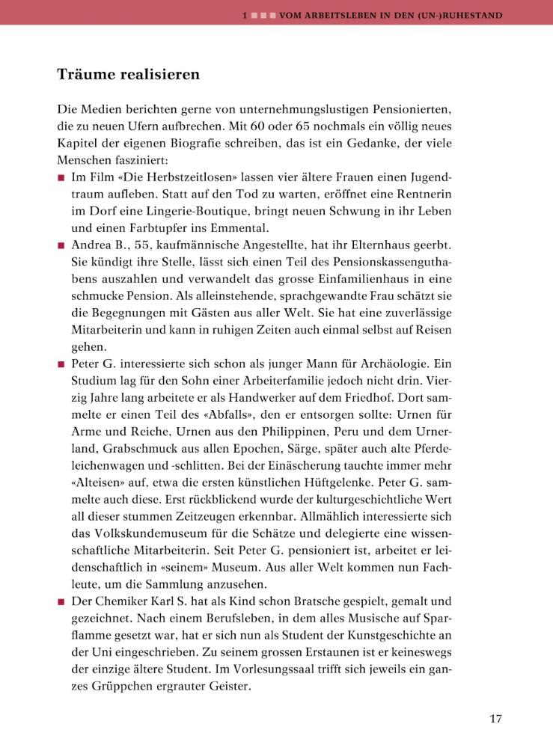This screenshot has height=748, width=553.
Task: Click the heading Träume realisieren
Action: (x=128, y=75)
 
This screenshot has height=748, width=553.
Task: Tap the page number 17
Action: (x=495, y=719)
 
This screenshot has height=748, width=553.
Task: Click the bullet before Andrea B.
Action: (x=61, y=245)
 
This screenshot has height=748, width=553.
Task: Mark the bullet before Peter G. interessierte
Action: (x=61, y=364)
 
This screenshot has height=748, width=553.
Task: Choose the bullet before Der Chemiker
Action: (x=61, y=601)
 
